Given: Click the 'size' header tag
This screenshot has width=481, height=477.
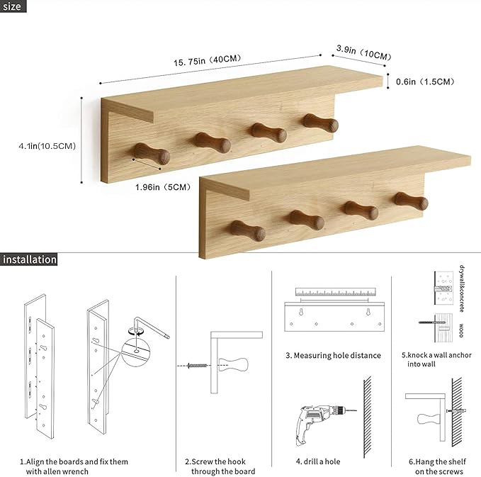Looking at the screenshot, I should (x=13, y=7).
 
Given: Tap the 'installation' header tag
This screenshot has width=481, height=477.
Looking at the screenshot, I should (x=29, y=259).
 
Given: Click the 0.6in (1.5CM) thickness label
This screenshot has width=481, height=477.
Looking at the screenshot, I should (x=426, y=82).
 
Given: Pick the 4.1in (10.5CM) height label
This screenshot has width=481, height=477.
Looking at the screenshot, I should (x=47, y=145).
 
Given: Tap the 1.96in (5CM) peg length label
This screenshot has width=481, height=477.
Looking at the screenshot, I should (x=164, y=187).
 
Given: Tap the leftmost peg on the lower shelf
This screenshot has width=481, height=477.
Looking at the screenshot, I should (x=248, y=231).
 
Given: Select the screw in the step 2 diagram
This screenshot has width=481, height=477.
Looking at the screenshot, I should (x=196, y=366).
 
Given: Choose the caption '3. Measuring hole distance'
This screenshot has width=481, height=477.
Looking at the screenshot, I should (x=333, y=355).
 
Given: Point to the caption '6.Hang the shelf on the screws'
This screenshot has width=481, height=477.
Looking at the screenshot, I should (x=436, y=466).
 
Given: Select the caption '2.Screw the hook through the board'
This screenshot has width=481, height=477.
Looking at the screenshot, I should (x=220, y=466).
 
